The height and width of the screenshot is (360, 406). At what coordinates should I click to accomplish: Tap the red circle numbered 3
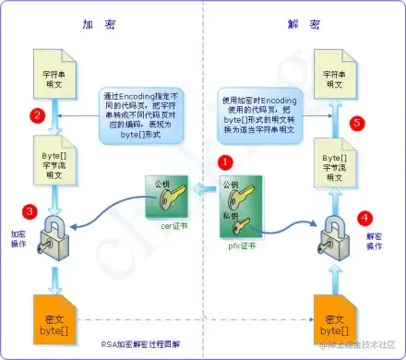pyautogui.click(x=30, y=211)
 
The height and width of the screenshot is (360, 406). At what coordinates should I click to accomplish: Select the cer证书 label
pyautogui.click(x=159, y=225)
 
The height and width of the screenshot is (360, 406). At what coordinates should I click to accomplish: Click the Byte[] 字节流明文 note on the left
pyautogui.click(x=52, y=156)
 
